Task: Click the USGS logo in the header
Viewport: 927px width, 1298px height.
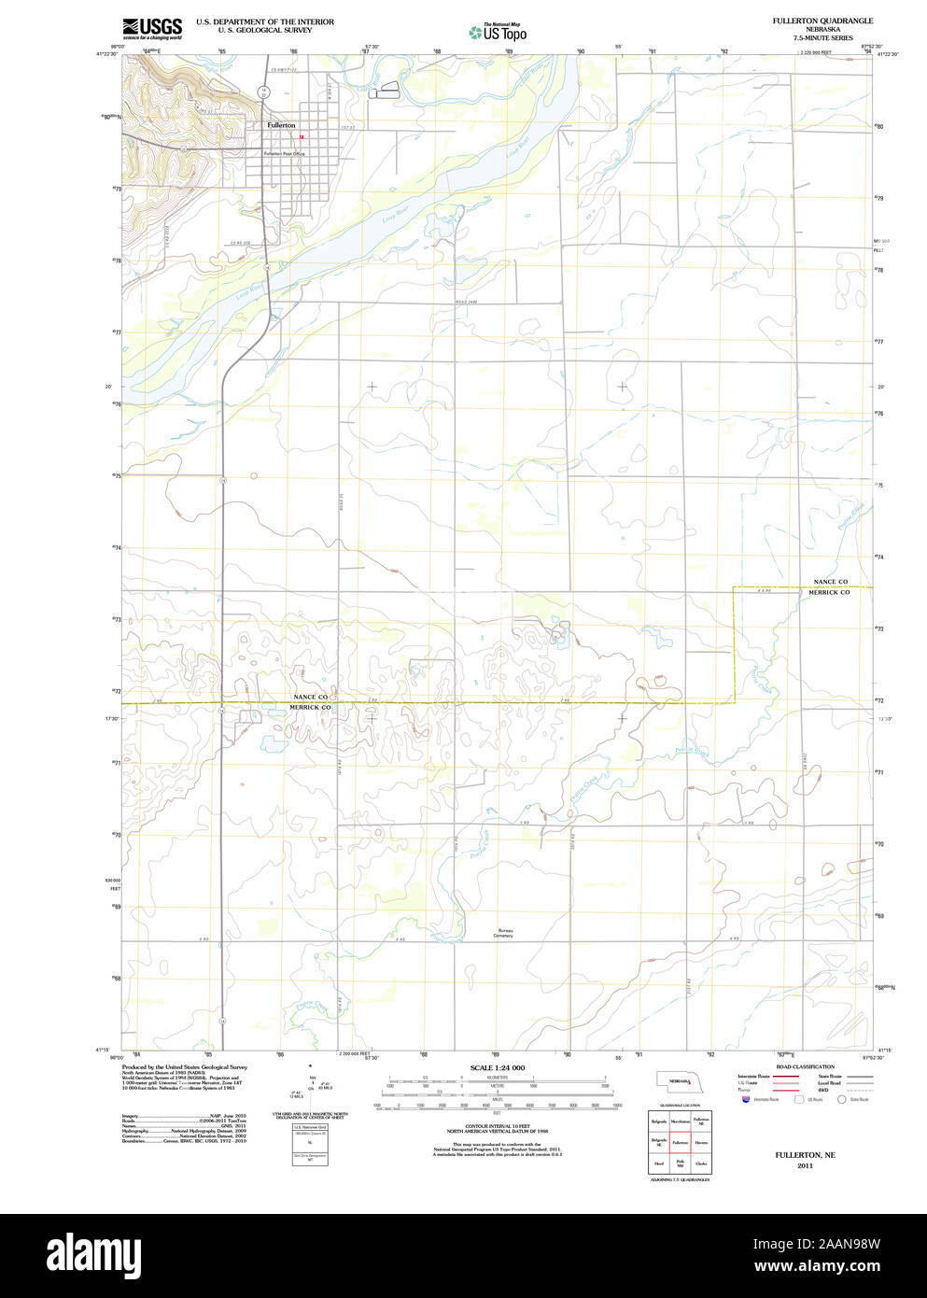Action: coord(151,28)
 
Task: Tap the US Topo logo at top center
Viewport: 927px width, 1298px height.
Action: coord(499,32)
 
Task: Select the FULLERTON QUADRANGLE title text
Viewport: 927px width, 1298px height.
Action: coord(822,21)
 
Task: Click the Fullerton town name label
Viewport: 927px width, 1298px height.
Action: coord(281,125)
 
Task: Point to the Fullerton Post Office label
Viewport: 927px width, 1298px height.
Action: coord(284,153)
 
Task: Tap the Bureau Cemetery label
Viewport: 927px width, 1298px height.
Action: coord(504,933)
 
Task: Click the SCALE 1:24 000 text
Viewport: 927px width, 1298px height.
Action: coord(497,1067)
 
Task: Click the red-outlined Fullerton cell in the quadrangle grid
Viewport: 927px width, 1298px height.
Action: coord(680,1142)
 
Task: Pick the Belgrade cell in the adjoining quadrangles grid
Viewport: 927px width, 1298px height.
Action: coord(659,1121)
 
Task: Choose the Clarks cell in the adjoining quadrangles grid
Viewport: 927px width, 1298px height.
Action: coord(701,1164)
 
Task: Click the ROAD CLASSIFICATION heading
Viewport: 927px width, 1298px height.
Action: coord(804,1066)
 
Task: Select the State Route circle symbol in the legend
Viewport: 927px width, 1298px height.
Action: coord(841,1100)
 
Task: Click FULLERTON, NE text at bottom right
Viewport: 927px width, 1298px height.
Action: coord(805,1155)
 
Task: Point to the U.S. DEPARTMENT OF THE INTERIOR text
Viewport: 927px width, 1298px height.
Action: coord(264,21)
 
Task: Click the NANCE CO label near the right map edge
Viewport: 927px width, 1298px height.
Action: coord(830,582)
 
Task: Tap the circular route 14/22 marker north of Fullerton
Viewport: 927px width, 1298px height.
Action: coord(264,92)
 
